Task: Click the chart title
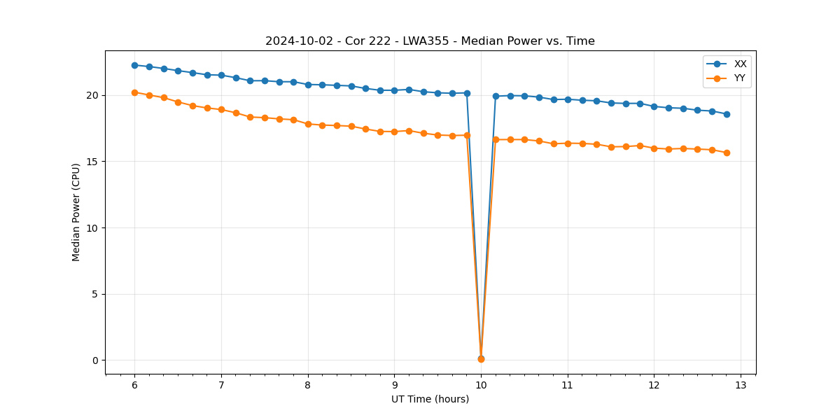click(430, 41)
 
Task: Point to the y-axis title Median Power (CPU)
click(76, 212)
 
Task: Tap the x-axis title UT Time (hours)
click(430, 399)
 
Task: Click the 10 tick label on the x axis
click(481, 386)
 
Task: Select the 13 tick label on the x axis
click(741, 386)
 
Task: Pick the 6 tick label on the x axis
click(134, 386)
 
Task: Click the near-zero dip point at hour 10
click(481, 358)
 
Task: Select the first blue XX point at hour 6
click(134, 65)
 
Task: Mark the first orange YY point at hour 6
click(134, 92)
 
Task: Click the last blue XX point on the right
click(727, 114)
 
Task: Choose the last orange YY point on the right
click(727, 153)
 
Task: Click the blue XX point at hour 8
click(308, 85)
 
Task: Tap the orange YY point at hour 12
click(654, 148)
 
